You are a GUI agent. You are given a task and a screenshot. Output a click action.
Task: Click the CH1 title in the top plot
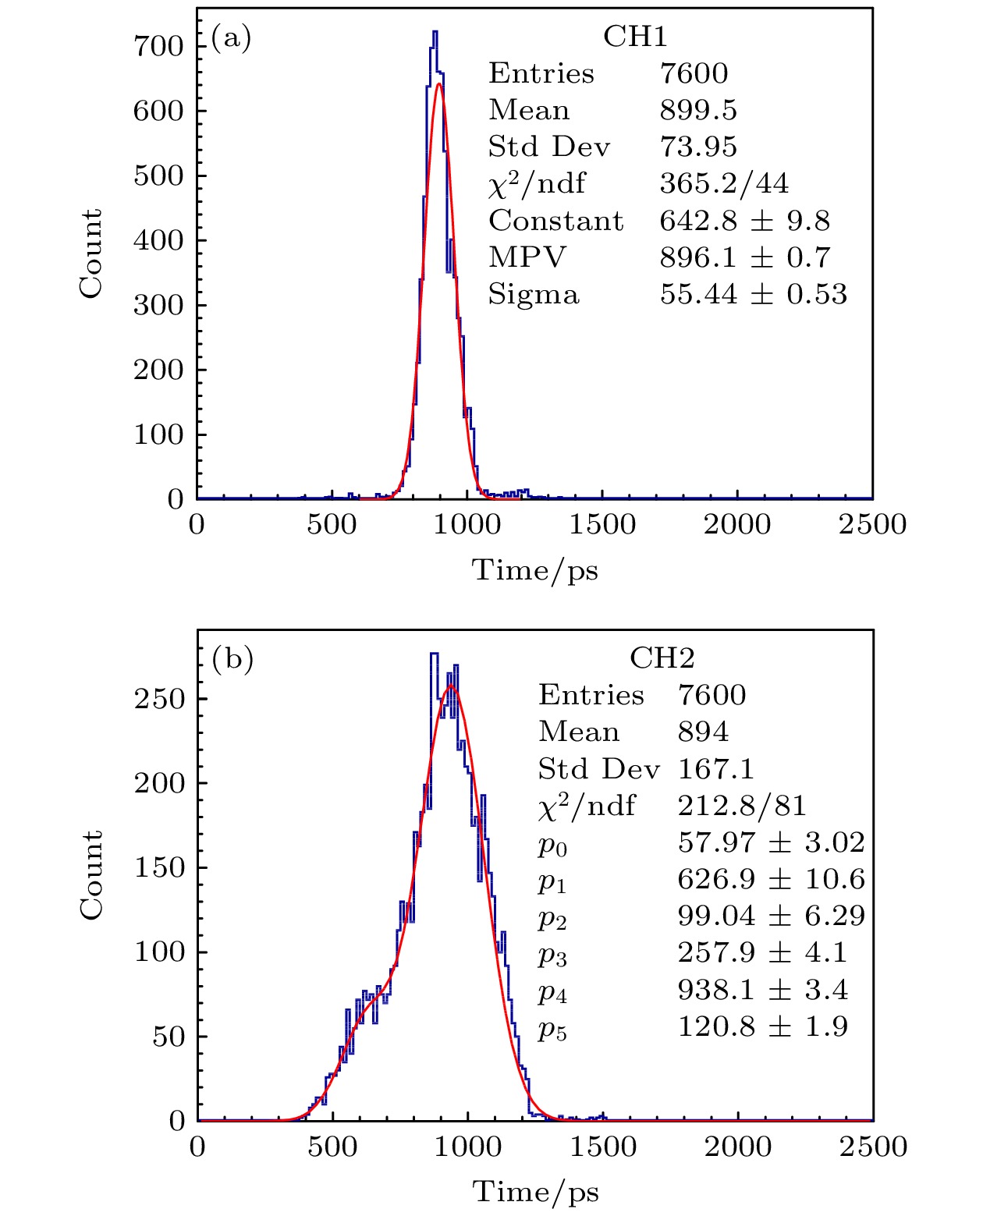[635, 37]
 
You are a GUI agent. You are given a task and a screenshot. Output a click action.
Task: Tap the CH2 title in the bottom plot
[662, 658]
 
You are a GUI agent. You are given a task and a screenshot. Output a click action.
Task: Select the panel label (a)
[231, 37]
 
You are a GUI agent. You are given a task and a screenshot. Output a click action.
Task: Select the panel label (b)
[232, 659]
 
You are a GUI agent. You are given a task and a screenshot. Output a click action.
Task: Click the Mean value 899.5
[698, 110]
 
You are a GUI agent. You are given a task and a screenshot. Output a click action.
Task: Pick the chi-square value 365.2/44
[724, 183]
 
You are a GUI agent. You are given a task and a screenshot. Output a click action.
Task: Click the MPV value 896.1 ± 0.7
[745, 257]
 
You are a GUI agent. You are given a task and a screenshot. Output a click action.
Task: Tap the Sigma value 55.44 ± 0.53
[753, 294]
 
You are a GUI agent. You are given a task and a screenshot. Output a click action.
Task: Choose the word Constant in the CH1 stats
[556, 221]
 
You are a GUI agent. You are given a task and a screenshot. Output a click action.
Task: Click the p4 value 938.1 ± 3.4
[762, 990]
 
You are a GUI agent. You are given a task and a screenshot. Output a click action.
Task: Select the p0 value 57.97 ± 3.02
[771, 842]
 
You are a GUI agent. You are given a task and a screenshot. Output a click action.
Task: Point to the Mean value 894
[703, 732]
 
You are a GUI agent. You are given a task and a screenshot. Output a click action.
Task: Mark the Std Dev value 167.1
[715, 769]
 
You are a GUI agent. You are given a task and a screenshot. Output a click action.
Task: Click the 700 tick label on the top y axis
[158, 46]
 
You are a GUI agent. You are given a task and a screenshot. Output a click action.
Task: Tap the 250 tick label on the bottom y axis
[159, 698]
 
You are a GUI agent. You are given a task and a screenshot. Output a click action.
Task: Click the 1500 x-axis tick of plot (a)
[602, 524]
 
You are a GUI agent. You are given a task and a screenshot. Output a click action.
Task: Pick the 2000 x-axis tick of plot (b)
[738, 1147]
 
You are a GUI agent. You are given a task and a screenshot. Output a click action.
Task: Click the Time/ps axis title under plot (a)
[535, 570]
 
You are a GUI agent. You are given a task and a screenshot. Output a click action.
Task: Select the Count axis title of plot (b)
[90, 874]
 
